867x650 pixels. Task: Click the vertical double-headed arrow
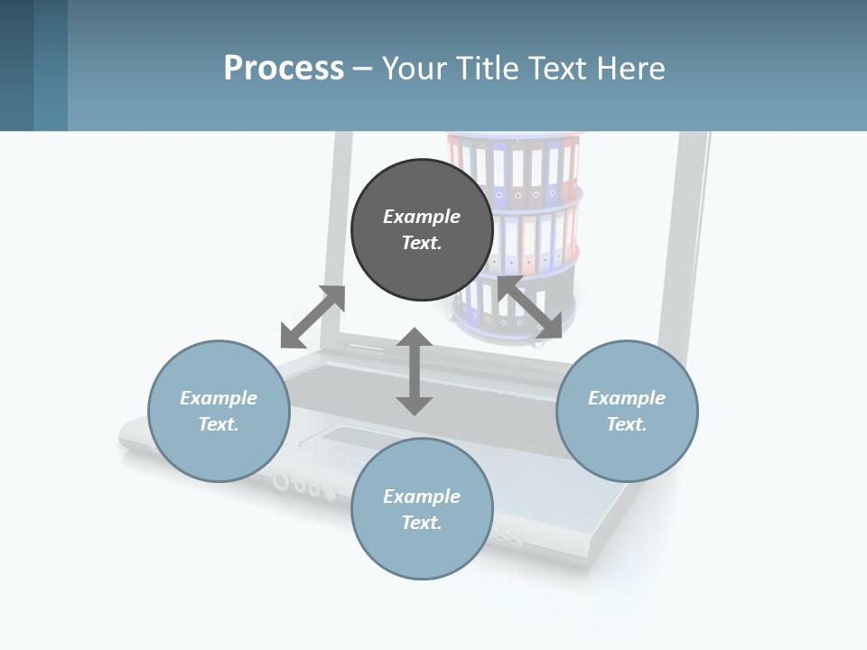[415, 372]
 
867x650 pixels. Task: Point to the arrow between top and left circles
[312, 317]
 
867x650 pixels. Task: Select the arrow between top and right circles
[531, 309]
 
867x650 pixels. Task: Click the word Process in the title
[284, 68]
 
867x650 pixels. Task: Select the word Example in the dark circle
[422, 217]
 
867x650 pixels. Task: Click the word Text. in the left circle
[219, 424]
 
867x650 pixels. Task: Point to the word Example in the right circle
[627, 398]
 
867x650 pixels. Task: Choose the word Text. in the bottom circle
[422, 523]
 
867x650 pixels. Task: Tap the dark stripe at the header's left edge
[16, 65]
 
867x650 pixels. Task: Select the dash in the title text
[362, 69]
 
